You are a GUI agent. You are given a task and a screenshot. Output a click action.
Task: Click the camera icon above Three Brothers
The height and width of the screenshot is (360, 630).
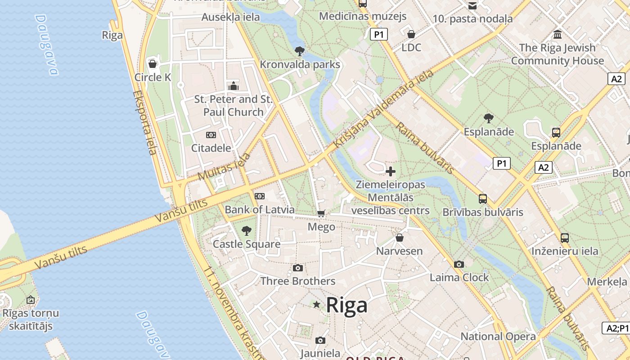click(x=297, y=268)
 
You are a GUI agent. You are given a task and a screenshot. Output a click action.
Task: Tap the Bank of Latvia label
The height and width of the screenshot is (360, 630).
click(x=260, y=210)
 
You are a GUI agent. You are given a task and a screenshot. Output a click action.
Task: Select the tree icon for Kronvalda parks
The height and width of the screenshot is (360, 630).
click(x=299, y=51)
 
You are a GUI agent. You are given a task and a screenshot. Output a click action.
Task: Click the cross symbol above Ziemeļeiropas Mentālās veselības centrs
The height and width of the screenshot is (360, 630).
click(x=391, y=171)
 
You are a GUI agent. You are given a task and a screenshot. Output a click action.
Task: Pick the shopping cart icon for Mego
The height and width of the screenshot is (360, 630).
click(x=321, y=214)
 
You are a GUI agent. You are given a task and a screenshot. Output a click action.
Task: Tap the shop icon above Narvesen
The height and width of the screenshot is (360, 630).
click(x=400, y=238)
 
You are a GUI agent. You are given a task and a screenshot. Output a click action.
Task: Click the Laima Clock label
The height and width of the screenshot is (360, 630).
click(x=459, y=277)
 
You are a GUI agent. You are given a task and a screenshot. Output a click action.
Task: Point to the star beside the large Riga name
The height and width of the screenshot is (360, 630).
click(x=317, y=305)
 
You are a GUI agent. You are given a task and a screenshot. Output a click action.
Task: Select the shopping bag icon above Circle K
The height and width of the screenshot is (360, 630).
click(x=153, y=64)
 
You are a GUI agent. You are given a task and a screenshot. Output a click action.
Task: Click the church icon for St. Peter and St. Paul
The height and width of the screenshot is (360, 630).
click(x=233, y=85)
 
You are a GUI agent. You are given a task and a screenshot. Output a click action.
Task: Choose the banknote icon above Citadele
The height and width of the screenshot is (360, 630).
click(x=211, y=135)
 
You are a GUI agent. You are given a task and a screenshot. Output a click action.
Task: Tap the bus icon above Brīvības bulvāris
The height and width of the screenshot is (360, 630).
click(x=483, y=198)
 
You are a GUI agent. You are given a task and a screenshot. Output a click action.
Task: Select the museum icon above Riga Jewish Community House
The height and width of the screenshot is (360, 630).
click(x=558, y=34)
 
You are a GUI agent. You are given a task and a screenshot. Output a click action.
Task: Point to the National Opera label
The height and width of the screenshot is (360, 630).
click(x=498, y=336)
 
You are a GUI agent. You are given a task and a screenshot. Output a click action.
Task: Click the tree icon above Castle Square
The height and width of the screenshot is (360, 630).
click(x=246, y=231)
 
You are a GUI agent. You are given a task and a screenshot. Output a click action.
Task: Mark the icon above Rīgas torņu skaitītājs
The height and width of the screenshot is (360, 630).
click(x=30, y=299)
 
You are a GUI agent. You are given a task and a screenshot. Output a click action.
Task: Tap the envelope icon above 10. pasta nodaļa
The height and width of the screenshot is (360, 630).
click(x=472, y=6)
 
